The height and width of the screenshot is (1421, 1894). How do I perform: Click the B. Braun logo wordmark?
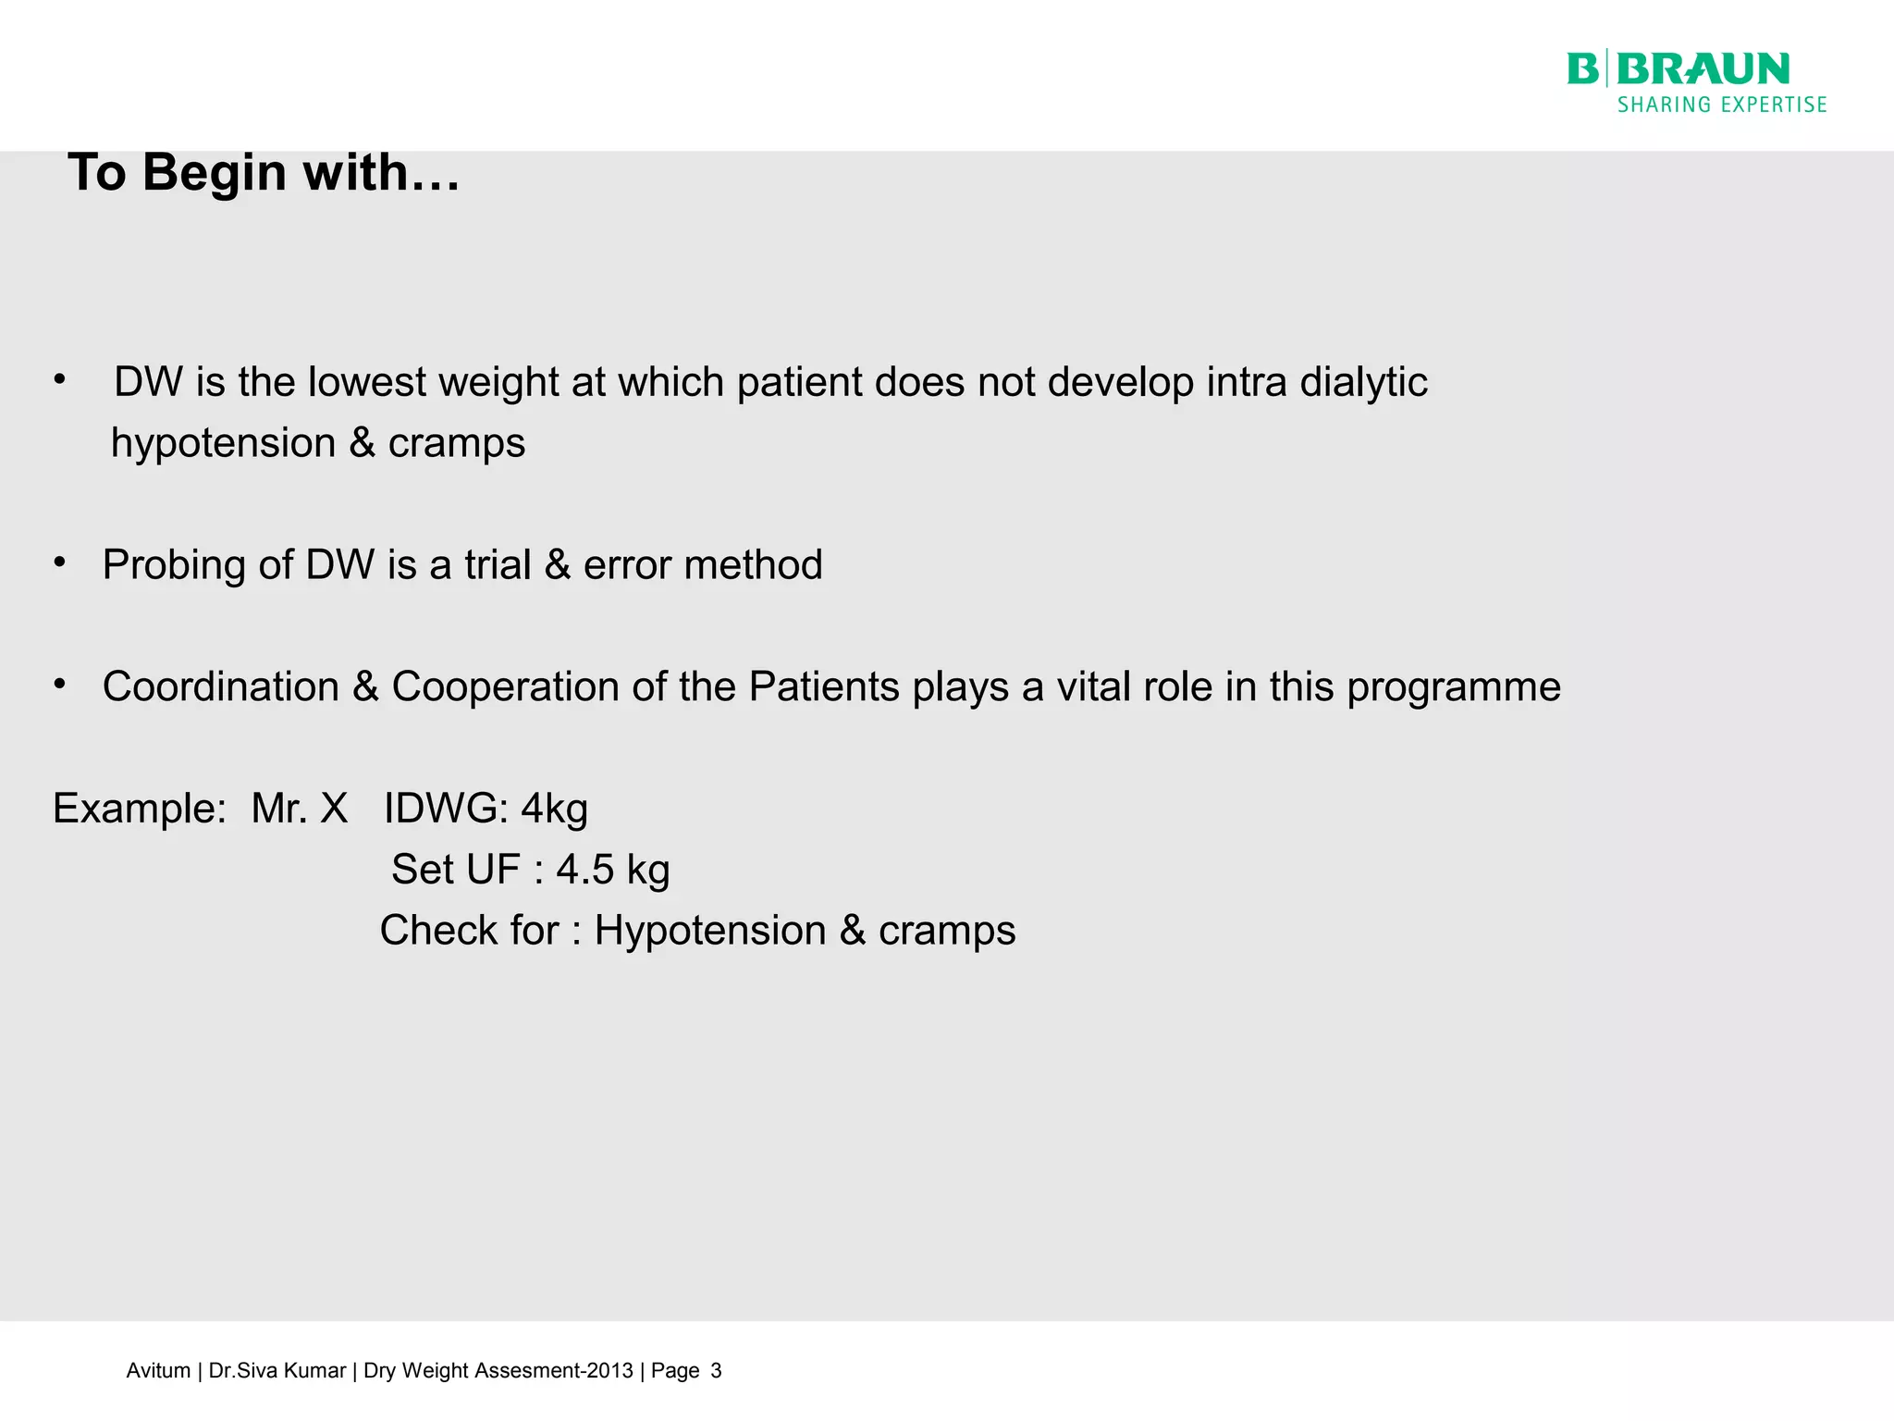pyautogui.click(x=1679, y=69)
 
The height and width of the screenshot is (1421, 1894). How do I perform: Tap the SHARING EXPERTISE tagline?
pyautogui.click(x=1722, y=105)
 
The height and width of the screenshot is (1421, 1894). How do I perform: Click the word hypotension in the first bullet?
pyautogui.click(x=222, y=443)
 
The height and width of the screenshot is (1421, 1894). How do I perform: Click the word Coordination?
pyautogui.click(x=221, y=687)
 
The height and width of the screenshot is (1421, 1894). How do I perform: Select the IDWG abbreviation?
pyautogui.click(x=445, y=809)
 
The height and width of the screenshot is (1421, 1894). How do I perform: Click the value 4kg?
pyautogui.click(x=554, y=809)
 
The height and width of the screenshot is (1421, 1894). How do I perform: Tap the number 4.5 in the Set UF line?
pyautogui.click(x=584, y=870)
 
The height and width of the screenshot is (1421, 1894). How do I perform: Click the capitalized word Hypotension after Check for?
pyautogui.click(x=709, y=931)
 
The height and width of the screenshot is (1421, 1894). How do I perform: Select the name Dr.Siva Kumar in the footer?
pyautogui.click(x=277, y=1371)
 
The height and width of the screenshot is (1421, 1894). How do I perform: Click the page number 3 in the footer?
pyautogui.click(x=716, y=1371)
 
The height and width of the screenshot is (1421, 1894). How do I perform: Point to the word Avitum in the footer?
pyautogui.click(x=158, y=1371)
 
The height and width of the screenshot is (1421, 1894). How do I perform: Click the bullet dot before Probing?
pyautogui.click(x=60, y=562)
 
